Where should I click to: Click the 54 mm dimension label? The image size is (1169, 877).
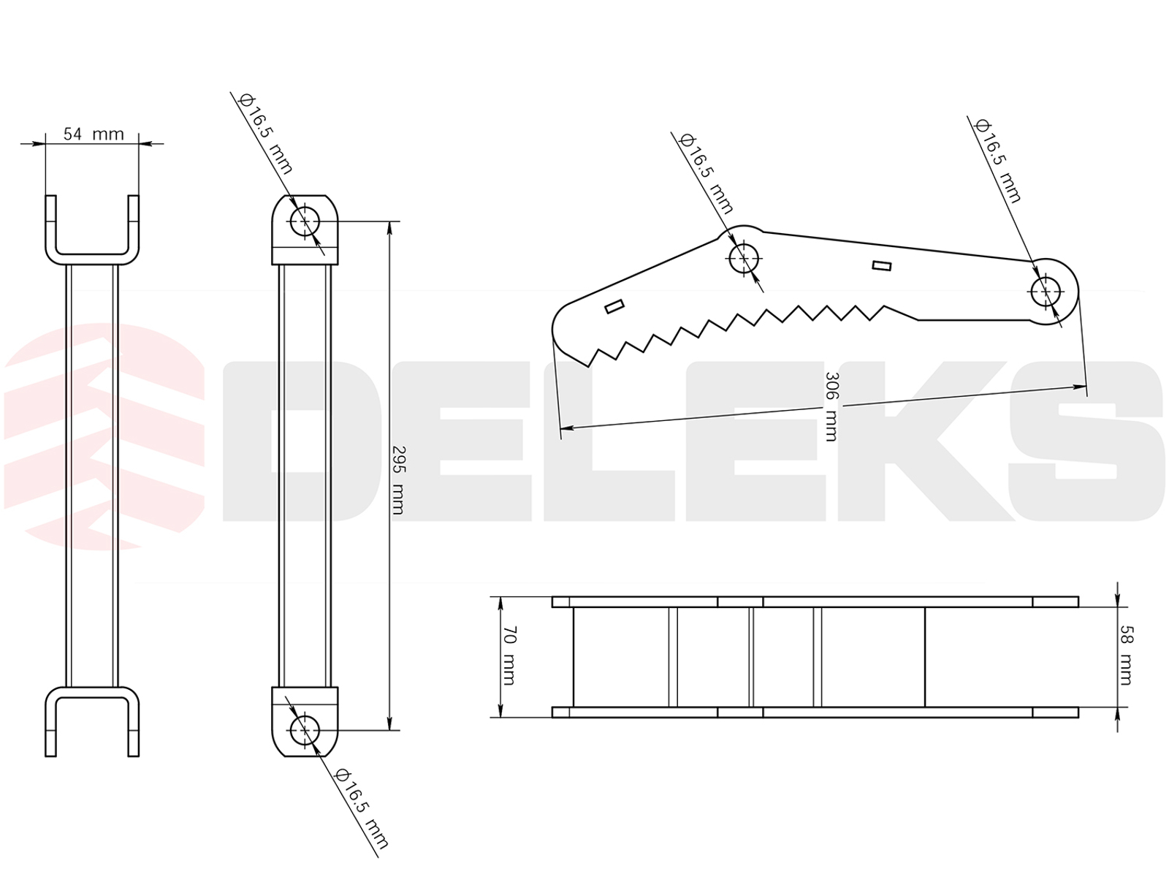point(94,134)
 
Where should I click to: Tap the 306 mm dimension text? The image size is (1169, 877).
point(831,407)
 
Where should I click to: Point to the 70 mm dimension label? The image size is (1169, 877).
point(509,656)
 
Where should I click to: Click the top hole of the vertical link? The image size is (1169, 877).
point(305,221)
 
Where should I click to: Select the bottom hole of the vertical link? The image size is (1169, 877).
point(305,730)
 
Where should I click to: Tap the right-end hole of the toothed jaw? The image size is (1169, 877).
point(1046,292)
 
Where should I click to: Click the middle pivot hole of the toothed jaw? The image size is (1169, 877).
point(744,258)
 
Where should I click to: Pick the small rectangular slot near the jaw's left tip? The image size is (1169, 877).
point(614,307)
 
